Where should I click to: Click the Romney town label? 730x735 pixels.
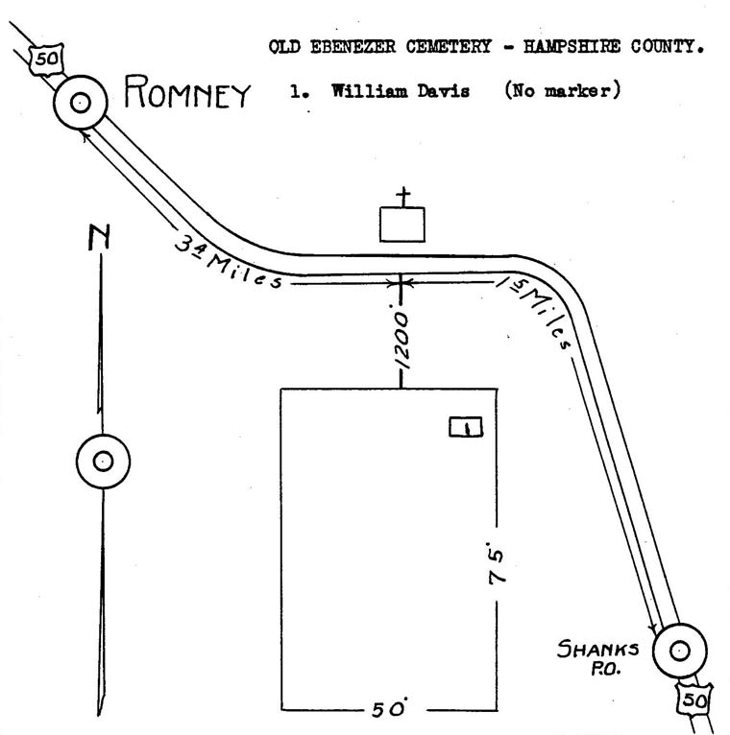pyautogui.click(x=187, y=91)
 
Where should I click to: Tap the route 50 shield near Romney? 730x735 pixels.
pyautogui.click(x=46, y=59)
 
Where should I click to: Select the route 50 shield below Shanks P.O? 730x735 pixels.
pyautogui.click(x=694, y=699)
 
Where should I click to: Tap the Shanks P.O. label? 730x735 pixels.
pyautogui.click(x=598, y=658)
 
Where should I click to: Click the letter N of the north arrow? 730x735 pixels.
pyautogui.click(x=100, y=237)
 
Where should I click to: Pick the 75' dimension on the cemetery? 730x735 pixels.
pyautogui.click(x=496, y=563)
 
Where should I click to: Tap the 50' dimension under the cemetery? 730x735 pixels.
pyautogui.click(x=389, y=709)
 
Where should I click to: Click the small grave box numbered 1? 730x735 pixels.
pyautogui.click(x=466, y=427)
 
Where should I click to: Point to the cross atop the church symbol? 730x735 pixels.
pyautogui.click(x=403, y=197)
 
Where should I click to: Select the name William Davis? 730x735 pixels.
pyautogui.click(x=401, y=90)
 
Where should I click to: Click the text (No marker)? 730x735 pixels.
pyautogui.click(x=563, y=89)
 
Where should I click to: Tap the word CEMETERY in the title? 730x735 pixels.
pyautogui.click(x=449, y=46)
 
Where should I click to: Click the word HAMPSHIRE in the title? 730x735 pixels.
pyautogui.click(x=572, y=46)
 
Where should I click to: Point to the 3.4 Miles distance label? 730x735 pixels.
pyautogui.click(x=228, y=261)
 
